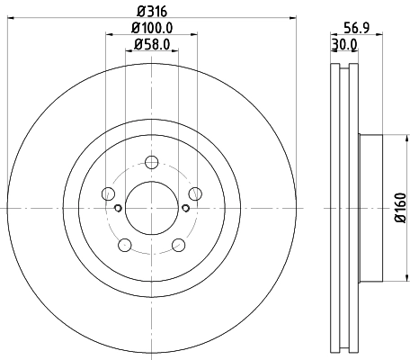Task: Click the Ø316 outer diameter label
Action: [x=151, y=12]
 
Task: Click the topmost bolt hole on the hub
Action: [x=151, y=162]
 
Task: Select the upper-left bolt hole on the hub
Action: [x=109, y=193]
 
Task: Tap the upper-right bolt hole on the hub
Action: [x=193, y=193]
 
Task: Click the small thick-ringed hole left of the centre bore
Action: [x=119, y=208]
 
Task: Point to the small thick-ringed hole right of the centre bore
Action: [x=184, y=208]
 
